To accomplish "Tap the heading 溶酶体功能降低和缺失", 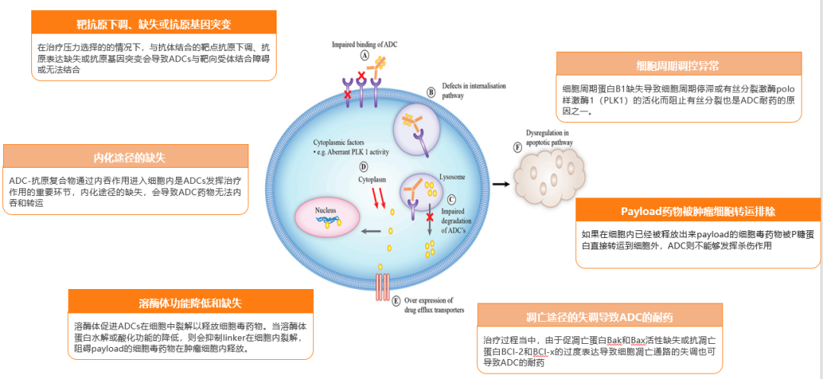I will click(x=191, y=303).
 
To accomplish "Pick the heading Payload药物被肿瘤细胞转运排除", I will click(x=698, y=210).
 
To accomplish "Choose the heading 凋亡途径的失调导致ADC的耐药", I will click(x=598, y=316).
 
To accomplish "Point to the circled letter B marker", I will click(x=431, y=92).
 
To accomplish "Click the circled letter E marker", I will click(x=395, y=300).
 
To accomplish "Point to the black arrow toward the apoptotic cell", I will click(x=501, y=184).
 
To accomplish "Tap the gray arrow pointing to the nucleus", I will click(x=372, y=232).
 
